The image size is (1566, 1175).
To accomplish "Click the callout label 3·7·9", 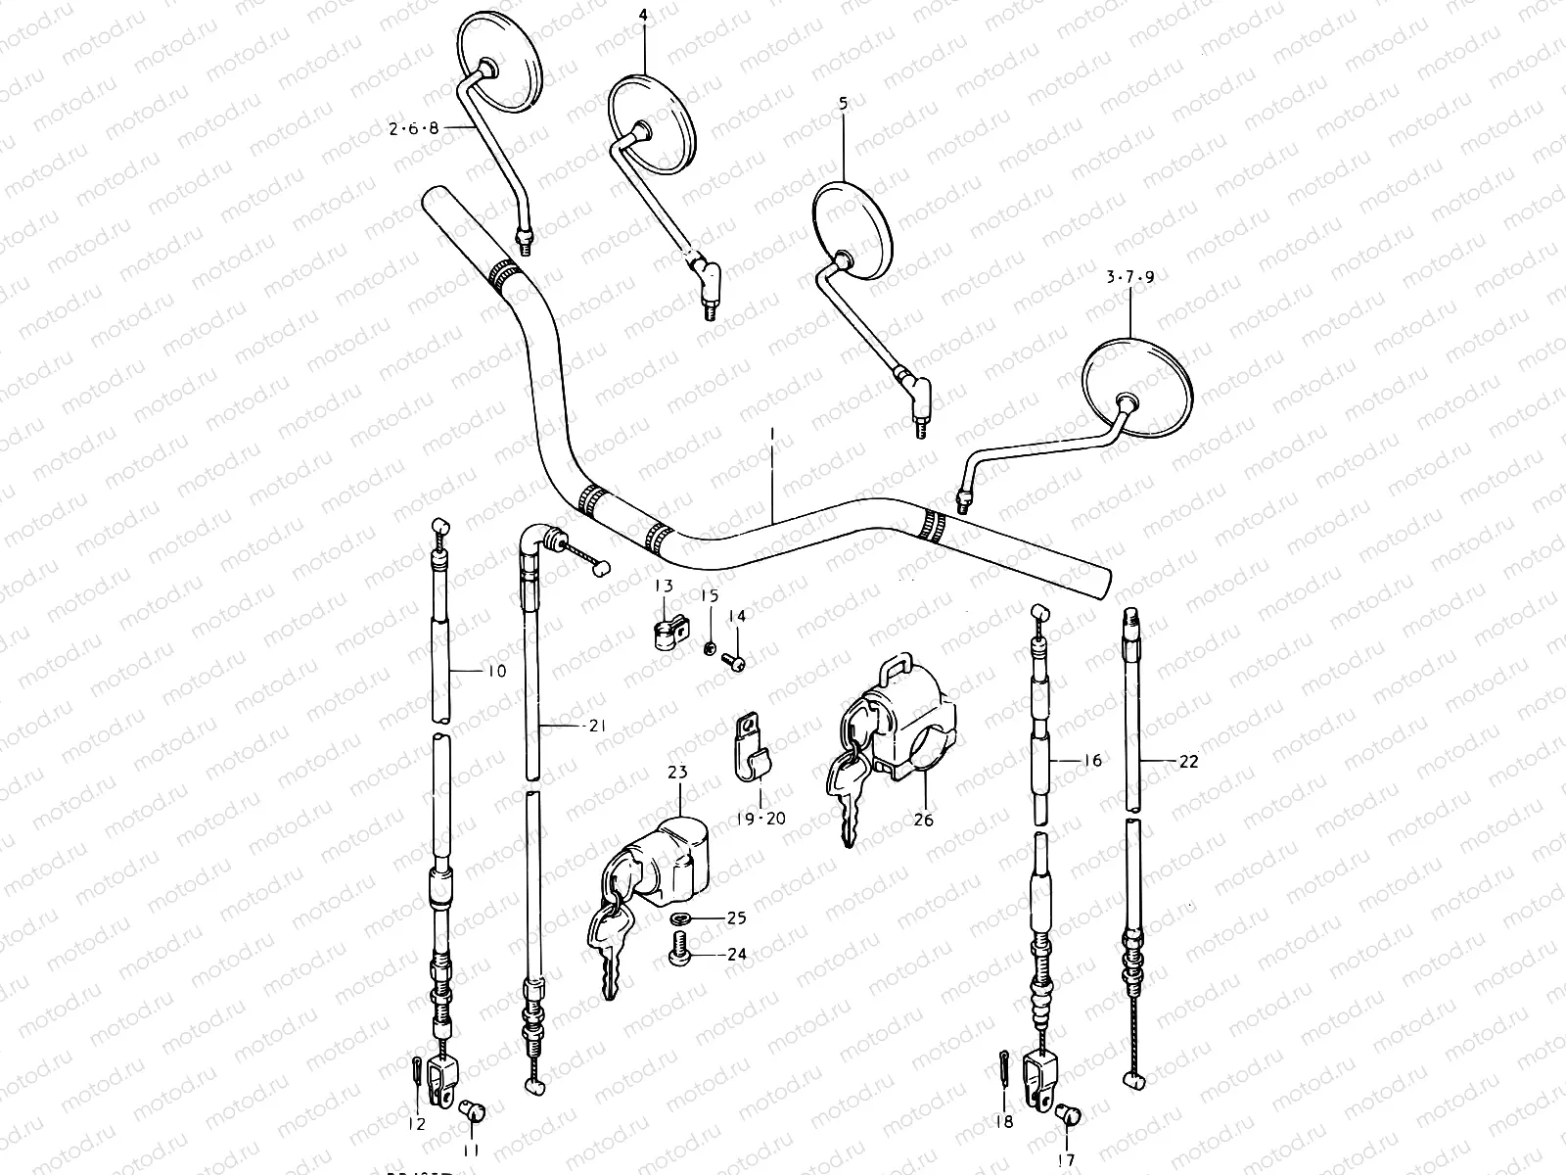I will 1129,278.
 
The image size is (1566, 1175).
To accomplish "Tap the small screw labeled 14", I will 735,664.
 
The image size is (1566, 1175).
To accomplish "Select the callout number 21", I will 597,726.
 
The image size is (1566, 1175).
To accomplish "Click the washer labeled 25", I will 680,918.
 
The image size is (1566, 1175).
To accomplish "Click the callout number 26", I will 922,819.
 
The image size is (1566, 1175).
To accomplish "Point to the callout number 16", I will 1092,760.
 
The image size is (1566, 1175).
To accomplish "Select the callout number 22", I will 1188,761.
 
